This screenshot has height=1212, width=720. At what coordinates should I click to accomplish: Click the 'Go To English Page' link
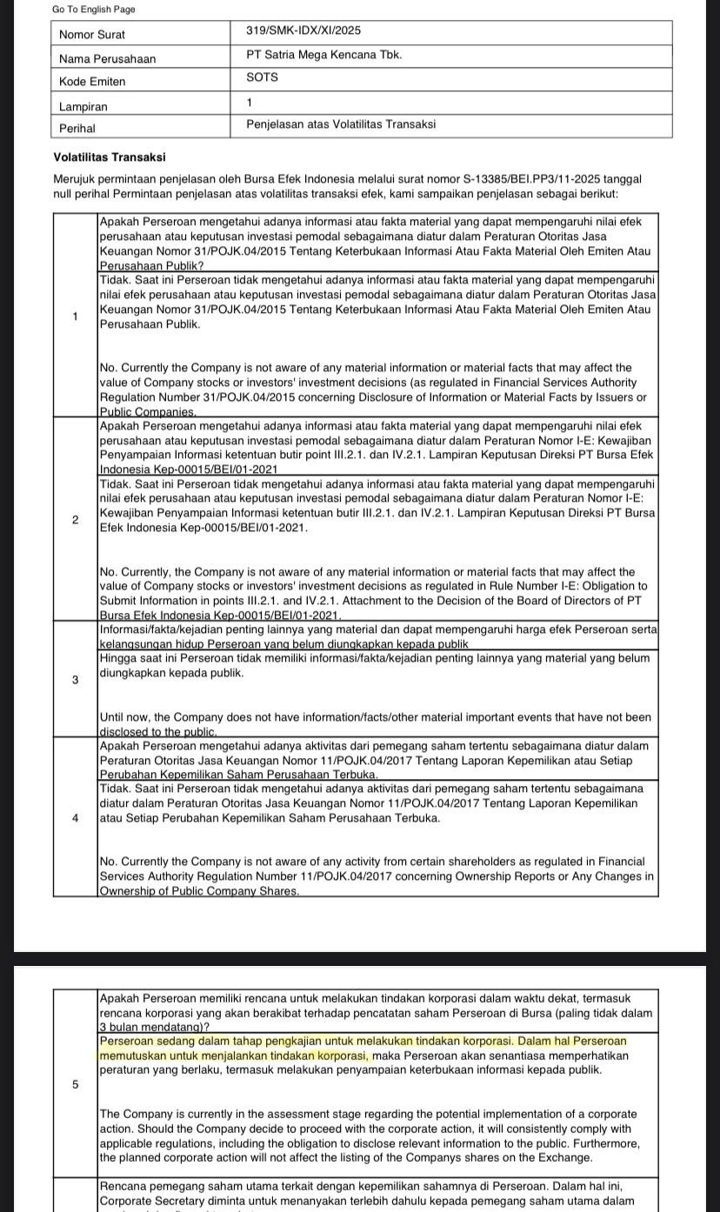[x=93, y=10]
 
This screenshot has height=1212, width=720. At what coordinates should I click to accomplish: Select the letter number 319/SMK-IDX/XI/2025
[x=303, y=30]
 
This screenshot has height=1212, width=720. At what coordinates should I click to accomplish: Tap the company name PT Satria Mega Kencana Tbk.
[x=323, y=54]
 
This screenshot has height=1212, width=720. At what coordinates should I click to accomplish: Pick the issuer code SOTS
[x=262, y=77]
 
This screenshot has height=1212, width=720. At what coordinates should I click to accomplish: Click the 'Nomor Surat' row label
[x=92, y=35]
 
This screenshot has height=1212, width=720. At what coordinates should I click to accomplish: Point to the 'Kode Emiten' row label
[x=92, y=82]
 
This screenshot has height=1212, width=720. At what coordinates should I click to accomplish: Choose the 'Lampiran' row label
[x=83, y=106]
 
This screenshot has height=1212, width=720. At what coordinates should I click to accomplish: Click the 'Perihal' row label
[x=77, y=128]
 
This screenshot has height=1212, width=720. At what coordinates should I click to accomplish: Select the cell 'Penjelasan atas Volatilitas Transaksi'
[x=341, y=124]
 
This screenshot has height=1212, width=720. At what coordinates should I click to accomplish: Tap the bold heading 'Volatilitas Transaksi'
[x=110, y=157]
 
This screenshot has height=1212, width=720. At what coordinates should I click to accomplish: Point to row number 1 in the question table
[x=76, y=316]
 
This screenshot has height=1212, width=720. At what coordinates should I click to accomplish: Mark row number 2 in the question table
[x=76, y=520]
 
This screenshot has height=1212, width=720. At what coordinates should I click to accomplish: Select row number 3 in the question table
[x=76, y=680]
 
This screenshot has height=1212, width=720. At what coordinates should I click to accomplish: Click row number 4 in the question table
[x=76, y=818]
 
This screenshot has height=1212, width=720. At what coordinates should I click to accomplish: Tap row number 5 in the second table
[x=76, y=1084]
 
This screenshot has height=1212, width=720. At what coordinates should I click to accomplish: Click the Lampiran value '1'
[x=250, y=102]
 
